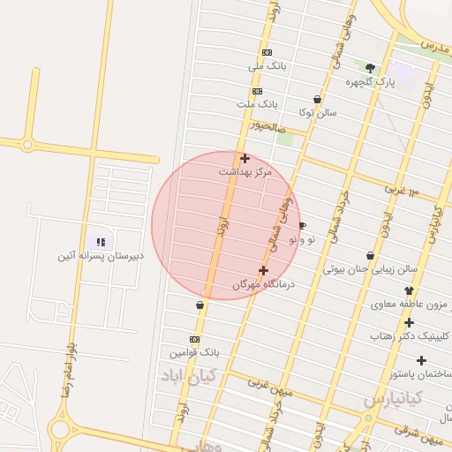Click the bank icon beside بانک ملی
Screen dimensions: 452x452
[267, 52]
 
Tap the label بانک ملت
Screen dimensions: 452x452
[257, 104]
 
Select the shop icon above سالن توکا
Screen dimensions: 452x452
[317, 99]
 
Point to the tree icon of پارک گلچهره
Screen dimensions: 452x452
[369, 67]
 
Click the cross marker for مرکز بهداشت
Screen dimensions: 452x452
[245, 158]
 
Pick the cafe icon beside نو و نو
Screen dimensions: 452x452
[303, 226]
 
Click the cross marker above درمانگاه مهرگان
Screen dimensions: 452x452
[263, 270]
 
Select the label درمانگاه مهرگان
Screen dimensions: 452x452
[263, 284]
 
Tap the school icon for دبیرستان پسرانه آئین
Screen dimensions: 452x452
[101, 242]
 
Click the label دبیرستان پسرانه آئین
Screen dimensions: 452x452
[99, 256]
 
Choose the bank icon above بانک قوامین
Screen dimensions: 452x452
[194, 339]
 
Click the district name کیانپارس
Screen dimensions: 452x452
[393, 399]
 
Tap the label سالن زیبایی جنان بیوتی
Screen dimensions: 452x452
[370, 269]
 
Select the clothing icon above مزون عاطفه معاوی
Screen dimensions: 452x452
[409, 290]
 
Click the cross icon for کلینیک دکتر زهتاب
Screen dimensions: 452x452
[409, 322]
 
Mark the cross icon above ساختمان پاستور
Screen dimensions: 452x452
[421, 360]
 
